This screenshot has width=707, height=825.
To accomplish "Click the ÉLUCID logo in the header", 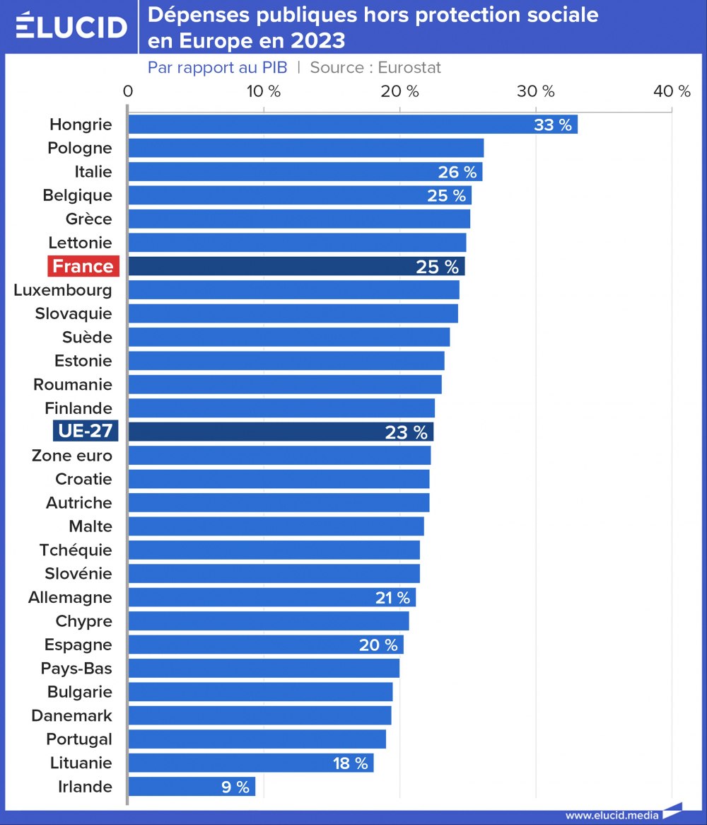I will tap(71, 27).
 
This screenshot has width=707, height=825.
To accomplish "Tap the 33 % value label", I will tap(553, 125).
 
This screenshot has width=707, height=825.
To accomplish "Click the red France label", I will tap(83, 266).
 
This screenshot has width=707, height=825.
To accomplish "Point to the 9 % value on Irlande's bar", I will tap(235, 787).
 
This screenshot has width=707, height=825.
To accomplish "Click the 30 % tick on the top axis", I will tap(536, 91).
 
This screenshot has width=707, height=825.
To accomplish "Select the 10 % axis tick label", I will tap(264, 91).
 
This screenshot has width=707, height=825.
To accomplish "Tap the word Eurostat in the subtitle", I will tap(409, 67).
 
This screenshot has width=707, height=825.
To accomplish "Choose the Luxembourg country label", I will tap(63, 290).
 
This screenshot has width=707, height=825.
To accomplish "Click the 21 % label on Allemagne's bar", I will tap(392, 598).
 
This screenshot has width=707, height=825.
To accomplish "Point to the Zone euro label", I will tap(72, 456).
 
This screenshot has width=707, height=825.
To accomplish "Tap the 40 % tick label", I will tap(672, 91).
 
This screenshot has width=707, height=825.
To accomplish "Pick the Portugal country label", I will tap(79, 739).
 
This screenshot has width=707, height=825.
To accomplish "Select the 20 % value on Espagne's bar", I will tap(378, 645).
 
